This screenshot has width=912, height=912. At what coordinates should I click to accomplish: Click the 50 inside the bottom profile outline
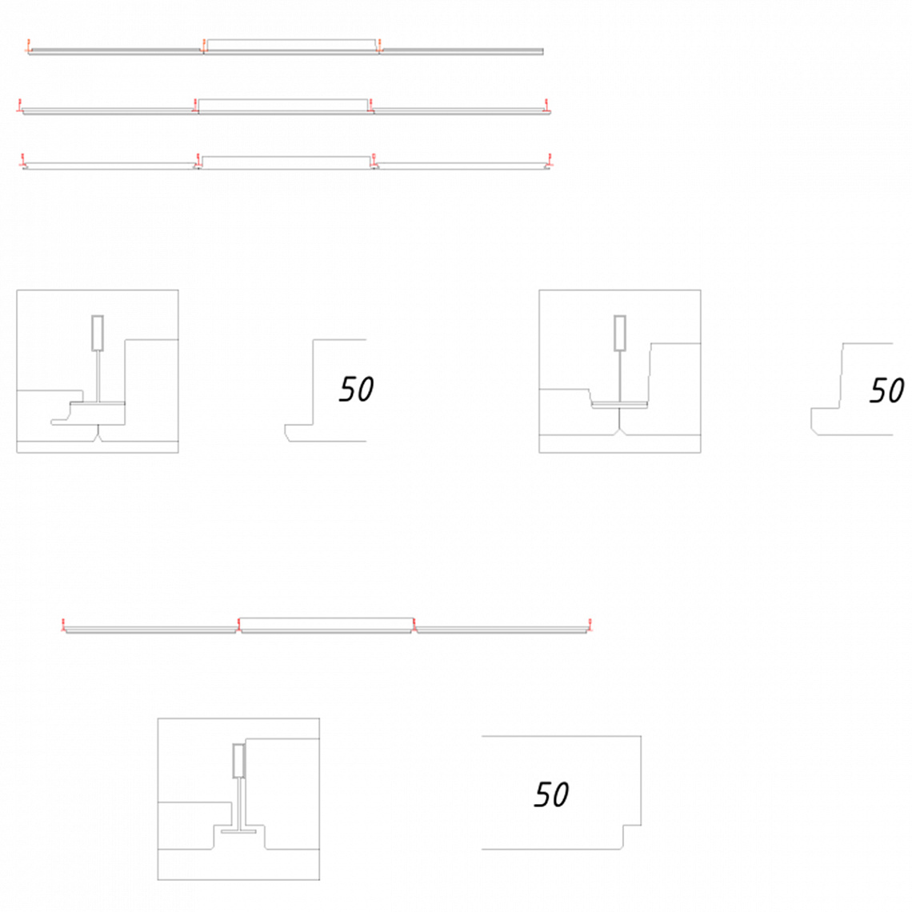tap(551, 794)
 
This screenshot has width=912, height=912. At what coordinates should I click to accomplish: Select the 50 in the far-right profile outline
tap(887, 390)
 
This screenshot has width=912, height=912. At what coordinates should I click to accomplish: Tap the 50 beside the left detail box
tap(356, 389)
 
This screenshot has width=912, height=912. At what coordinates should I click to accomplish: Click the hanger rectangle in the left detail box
tap(98, 334)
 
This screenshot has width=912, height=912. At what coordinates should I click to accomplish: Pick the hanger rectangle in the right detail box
tap(620, 334)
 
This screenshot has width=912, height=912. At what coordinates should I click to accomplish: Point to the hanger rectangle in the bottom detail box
tap(239, 761)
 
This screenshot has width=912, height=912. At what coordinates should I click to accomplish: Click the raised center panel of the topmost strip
tap(291, 46)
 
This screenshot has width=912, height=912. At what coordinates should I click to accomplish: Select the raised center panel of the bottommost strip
tap(327, 625)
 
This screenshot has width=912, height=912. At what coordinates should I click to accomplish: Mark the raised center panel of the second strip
tap(283, 106)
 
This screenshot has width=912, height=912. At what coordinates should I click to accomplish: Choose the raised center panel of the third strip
tap(285, 162)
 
